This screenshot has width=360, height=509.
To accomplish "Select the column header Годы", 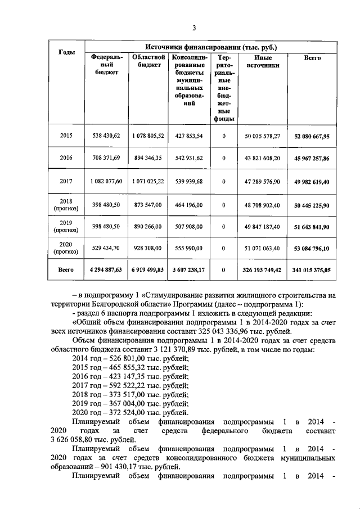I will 67,52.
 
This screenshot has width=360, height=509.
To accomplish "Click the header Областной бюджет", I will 148,61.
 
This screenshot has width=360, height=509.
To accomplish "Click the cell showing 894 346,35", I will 148,158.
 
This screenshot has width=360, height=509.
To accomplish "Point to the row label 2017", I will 66,181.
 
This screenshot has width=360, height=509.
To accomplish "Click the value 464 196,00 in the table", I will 189,205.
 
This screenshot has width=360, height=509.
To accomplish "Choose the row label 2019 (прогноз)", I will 66,226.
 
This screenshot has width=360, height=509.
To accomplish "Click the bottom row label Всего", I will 66,270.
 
